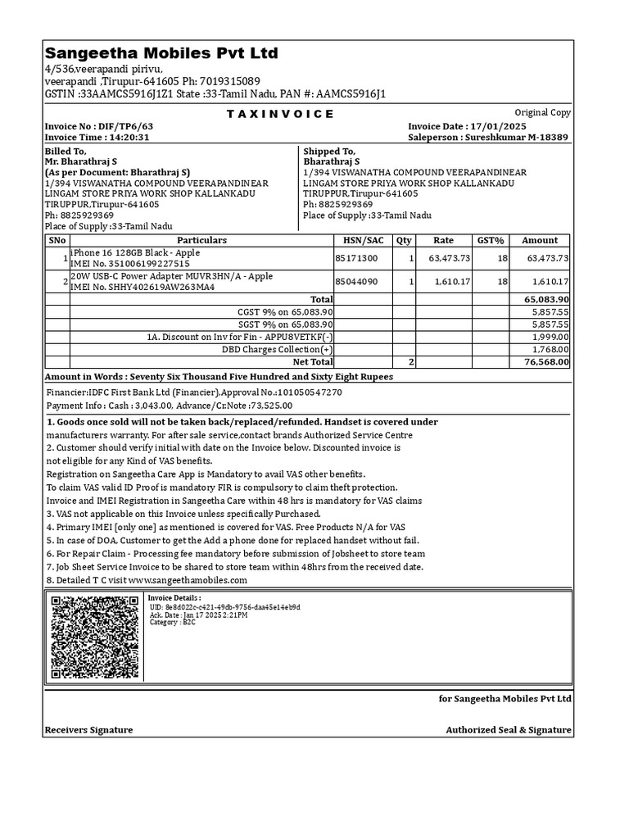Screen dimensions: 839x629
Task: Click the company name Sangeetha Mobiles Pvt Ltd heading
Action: pyautogui.click(x=161, y=54)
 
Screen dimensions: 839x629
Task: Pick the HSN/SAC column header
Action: pyautogui.click(x=364, y=240)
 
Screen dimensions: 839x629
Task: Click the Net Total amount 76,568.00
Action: pyautogui.click(x=546, y=361)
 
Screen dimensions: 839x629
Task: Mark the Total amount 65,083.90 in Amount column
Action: pyautogui.click(x=546, y=300)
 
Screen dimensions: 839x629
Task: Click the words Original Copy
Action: pyautogui.click(x=542, y=113)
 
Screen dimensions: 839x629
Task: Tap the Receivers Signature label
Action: pyautogui.click(x=88, y=730)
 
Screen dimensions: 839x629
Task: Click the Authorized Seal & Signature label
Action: pyautogui.click(x=509, y=730)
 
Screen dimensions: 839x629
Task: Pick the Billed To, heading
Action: pyautogui.click(x=66, y=152)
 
